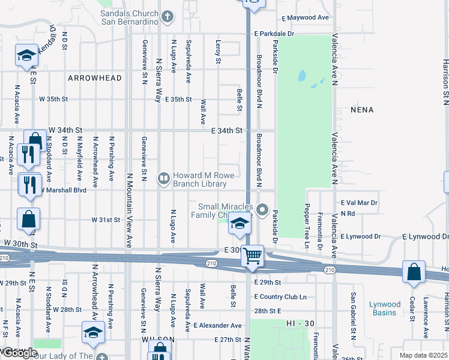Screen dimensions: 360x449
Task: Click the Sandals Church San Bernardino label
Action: pyautogui.click(x=129, y=17)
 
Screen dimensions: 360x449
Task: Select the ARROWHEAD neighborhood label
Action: pyautogui.click(x=95, y=78)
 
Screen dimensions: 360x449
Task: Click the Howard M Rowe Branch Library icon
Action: pyautogui.click(x=163, y=178)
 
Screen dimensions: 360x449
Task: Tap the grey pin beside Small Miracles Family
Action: pyautogui.click(x=262, y=210)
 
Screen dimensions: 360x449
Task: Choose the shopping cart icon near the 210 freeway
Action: pyautogui.click(x=253, y=256)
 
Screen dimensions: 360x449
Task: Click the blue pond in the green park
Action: pyautogui.click(x=302, y=77)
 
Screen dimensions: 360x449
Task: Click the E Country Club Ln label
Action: pyautogui.click(x=280, y=297)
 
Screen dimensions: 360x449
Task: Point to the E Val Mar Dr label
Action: pyautogui.click(x=358, y=203)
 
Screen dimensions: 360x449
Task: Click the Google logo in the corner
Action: pyautogui.click(x=19, y=353)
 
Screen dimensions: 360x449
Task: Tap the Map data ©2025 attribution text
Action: pyautogui.click(x=423, y=355)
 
